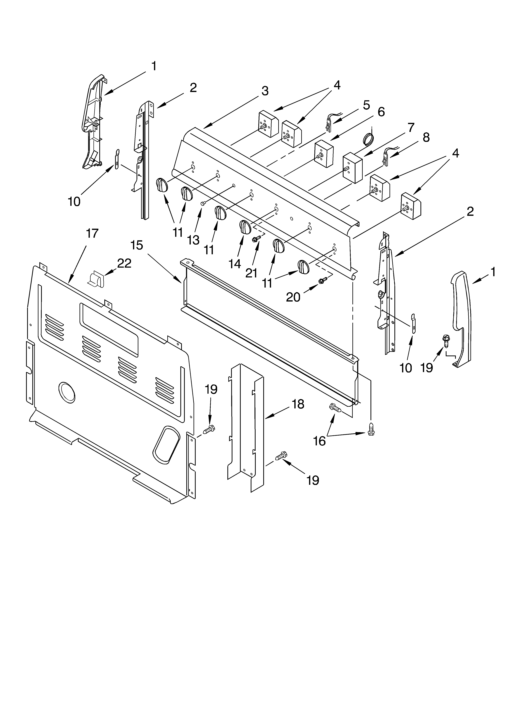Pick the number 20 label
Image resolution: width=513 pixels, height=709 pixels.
[293, 297]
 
